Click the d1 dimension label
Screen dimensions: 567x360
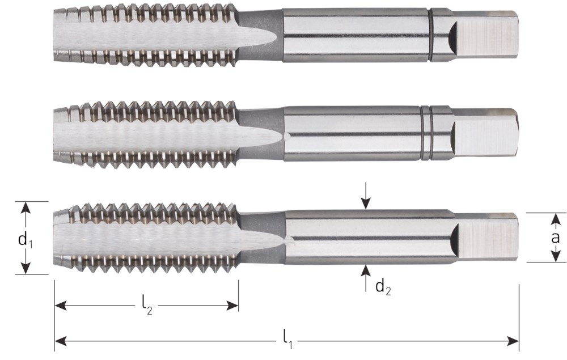[x=26, y=239]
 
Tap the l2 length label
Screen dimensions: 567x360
[x=147, y=307]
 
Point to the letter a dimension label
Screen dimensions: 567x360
[x=556, y=238]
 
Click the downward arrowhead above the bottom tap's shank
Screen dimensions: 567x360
[x=366, y=204]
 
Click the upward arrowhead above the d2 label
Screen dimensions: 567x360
[x=366, y=270]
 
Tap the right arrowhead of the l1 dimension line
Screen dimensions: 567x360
[x=513, y=341]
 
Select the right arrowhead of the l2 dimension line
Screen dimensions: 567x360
[x=232, y=306]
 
